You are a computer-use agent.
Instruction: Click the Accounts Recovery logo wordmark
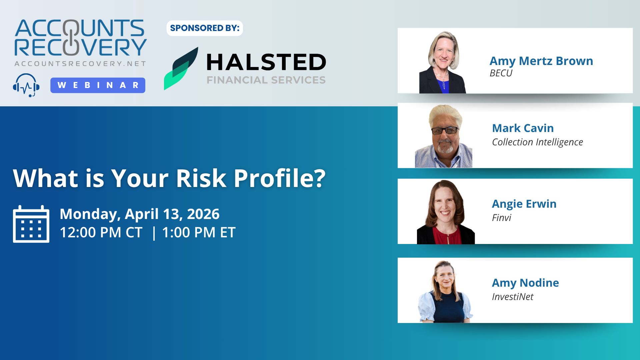(x=80, y=38)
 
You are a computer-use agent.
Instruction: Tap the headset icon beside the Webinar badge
(x=26, y=85)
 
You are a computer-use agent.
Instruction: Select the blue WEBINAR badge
(x=98, y=85)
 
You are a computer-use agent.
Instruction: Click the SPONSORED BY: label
(x=205, y=28)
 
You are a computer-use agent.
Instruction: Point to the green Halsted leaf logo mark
(x=181, y=68)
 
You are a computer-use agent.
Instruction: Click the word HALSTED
(x=266, y=62)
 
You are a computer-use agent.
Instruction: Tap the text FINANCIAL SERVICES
(x=266, y=80)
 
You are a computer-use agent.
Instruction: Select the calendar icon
(x=31, y=224)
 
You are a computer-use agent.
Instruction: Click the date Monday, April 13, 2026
(x=139, y=214)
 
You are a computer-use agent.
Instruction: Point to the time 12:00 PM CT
(x=101, y=232)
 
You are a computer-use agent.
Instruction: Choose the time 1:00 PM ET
(x=199, y=232)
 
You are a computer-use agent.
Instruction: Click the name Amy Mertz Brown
(x=541, y=61)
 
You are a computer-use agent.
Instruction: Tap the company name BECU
(x=501, y=73)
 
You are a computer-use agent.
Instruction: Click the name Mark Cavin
(x=523, y=128)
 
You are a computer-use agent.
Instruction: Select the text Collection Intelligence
(x=537, y=142)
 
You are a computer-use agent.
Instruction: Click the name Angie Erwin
(x=524, y=204)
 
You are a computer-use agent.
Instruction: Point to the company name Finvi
(x=501, y=218)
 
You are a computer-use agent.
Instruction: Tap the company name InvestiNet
(x=513, y=297)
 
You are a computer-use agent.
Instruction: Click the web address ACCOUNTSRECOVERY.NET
(x=80, y=64)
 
